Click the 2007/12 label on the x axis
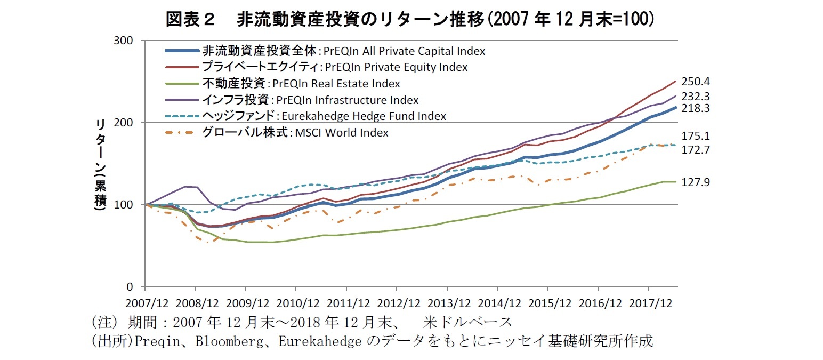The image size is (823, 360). click(147, 303)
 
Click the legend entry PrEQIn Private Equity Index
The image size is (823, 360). click(334, 67)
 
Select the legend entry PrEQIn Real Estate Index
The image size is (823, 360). click(301, 84)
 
